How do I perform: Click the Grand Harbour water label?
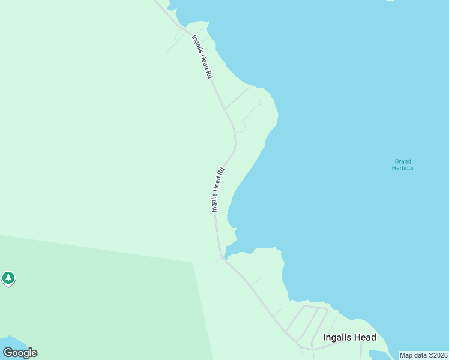[x=403, y=164]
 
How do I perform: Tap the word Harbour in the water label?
[x=403, y=168]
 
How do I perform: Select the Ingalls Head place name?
[x=349, y=337]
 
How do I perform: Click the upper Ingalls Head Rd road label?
[x=202, y=57]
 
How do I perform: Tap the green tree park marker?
[x=8, y=278]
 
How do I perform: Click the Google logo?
[x=20, y=353]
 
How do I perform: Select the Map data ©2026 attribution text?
[x=423, y=355]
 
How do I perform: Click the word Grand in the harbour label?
[x=403, y=161]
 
